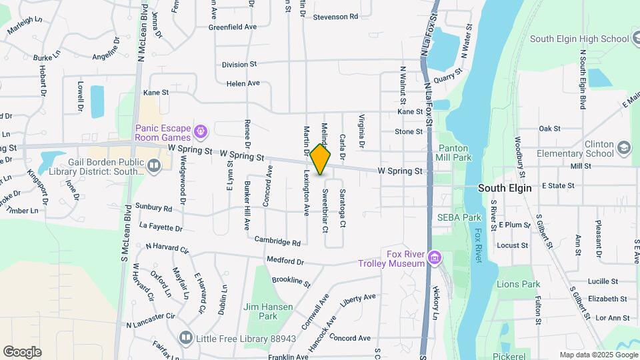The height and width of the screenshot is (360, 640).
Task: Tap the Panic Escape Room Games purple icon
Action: click(x=201, y=129)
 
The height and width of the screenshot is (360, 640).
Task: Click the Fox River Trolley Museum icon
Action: click(x=435, y=257)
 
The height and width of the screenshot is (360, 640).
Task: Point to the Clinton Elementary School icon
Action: click(x=624, y=147)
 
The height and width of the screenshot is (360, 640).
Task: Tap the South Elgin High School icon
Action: click(x=625, y=38)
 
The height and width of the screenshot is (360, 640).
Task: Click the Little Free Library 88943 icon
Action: click(x=185, y=338)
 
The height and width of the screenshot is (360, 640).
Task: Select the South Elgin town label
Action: click(x=505, y=188)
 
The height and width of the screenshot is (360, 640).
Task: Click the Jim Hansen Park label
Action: click(x=260, y=311)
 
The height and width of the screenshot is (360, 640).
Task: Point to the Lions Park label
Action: click(x=518, y=284)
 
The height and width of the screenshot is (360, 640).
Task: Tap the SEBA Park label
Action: click(x=459, y=217)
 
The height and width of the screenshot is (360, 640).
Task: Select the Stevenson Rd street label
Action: click(x=335, y=16)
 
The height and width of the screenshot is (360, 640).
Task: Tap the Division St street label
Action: click(x=239, y=65)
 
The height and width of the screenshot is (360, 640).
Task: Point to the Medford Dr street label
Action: click(x=285, y=261)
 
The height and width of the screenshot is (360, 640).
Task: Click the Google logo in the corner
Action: click(x=22, y=352)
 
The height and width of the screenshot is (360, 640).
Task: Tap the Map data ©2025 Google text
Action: click(x=597, y=355)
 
